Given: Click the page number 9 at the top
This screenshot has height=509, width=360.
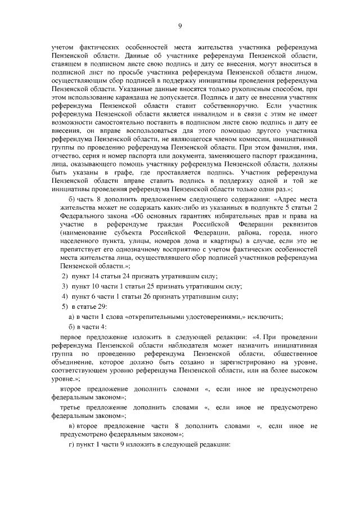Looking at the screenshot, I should tap(180, 25).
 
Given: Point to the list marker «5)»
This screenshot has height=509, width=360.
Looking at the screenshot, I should tap(65, 307).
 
